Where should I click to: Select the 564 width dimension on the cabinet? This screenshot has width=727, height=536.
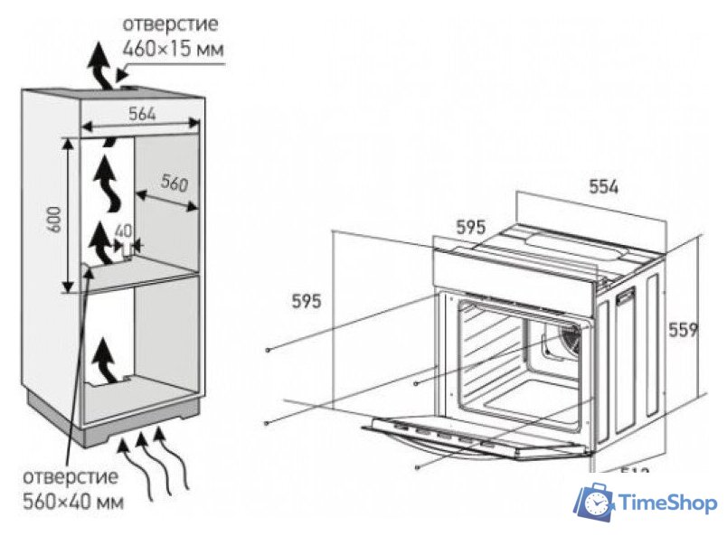(139, 114)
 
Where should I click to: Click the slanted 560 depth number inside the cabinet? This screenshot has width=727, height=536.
(174, 184)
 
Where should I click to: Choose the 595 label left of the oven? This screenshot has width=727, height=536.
(307, 302)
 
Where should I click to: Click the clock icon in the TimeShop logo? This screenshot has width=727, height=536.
(595, 503)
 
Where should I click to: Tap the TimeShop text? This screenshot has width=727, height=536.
(666, 503)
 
